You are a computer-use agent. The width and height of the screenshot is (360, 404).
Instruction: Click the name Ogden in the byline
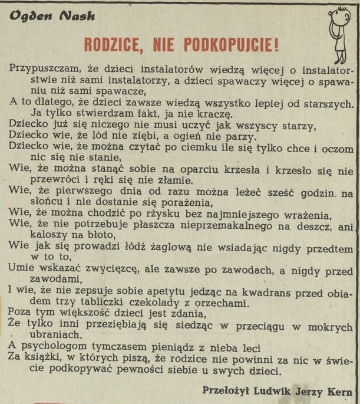click(29, 16)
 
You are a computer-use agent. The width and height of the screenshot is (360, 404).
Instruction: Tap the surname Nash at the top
click(77, 16)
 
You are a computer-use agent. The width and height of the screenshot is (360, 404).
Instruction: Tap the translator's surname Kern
click(341, 390)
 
